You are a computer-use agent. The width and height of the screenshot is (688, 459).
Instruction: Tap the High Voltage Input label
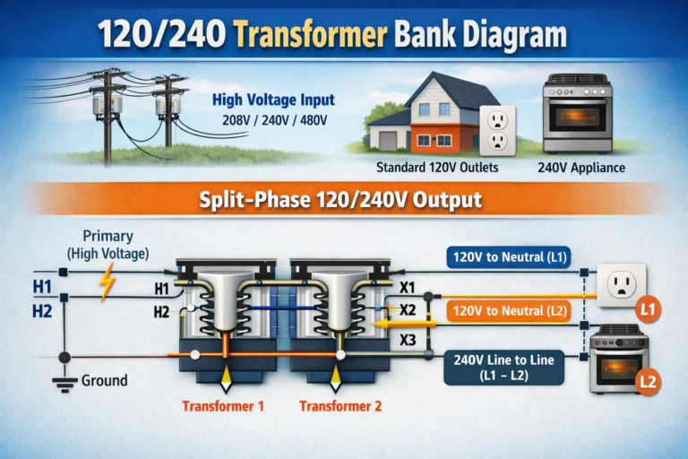coord(272,101)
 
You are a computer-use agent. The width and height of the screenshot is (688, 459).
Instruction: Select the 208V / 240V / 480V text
coord(274,121)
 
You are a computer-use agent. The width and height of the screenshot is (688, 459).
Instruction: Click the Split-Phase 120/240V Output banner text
coord(345,200)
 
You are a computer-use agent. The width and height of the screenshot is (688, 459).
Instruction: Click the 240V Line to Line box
coord(503,368)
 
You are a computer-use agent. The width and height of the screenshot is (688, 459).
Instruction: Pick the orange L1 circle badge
coord(649,310)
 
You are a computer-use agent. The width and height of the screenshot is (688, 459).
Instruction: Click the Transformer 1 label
coord(223,406)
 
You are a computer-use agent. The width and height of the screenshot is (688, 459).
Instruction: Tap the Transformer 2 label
coord(340,406)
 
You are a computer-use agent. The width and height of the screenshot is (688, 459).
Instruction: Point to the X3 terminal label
coord(408,341)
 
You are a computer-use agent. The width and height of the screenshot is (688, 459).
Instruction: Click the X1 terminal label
coord(407,287)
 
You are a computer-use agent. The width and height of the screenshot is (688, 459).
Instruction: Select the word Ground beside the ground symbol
coord(105,381)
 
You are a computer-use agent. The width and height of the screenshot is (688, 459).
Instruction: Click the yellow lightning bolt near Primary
coord(107,281)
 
